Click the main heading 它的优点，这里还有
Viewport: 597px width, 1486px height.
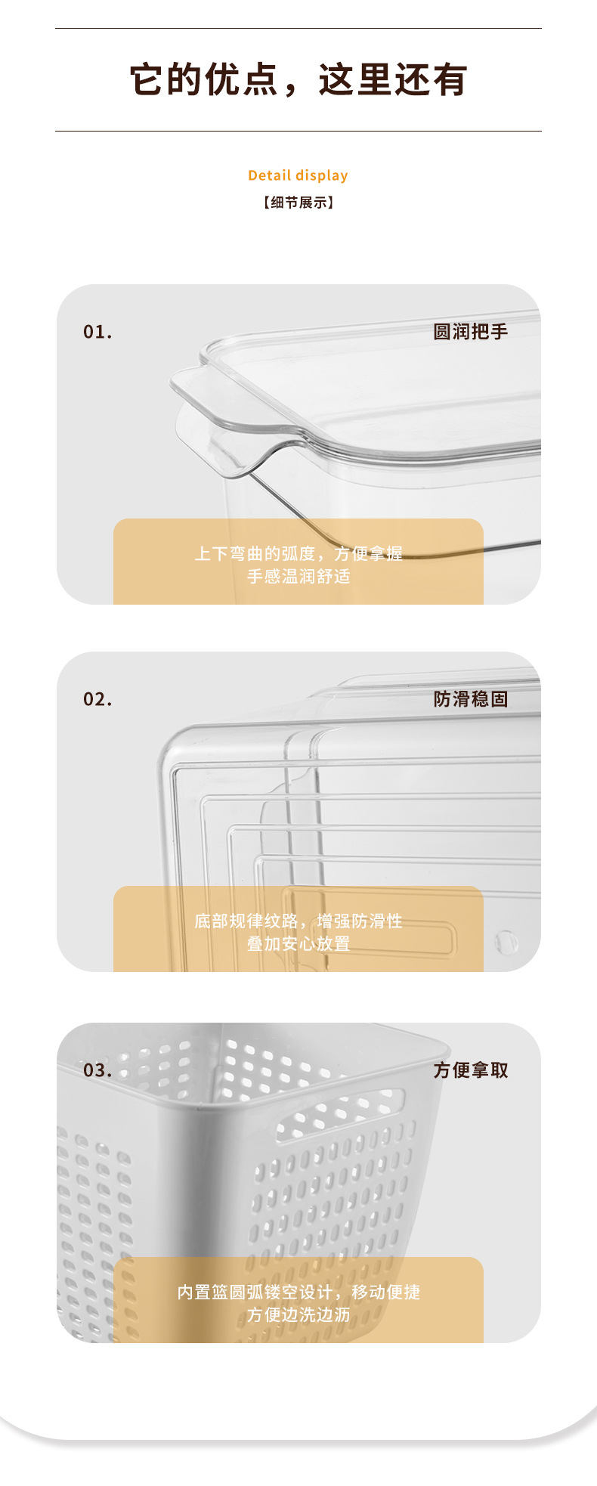tap(298, 80)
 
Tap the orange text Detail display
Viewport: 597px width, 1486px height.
tap(298, 175)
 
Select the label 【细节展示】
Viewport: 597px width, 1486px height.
tap(298, 203)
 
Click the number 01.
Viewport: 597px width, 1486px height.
tap(97, 332)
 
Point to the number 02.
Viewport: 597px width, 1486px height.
tap(97, 699)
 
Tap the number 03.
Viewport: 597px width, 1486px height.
tap(97, 1070)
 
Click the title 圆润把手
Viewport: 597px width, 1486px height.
tap(470, 332)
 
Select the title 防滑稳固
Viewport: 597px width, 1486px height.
tap(470, 699)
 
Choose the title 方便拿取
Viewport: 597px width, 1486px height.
tap(470, 1070)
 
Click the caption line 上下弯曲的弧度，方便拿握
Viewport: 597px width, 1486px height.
tap(298, 554)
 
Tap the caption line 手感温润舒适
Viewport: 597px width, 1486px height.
tap(298, 577)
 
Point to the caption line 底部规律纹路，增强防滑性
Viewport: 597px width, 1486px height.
tap(298, 921)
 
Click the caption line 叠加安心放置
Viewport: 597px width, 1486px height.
tap(298, 944)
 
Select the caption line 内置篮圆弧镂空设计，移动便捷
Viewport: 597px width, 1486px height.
tap(298, 1293)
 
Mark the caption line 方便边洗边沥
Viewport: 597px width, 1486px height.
tap(298, 1315)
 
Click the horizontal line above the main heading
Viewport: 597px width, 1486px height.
tap(298, 29)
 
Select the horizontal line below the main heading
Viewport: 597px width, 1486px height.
tap(298, 132)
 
